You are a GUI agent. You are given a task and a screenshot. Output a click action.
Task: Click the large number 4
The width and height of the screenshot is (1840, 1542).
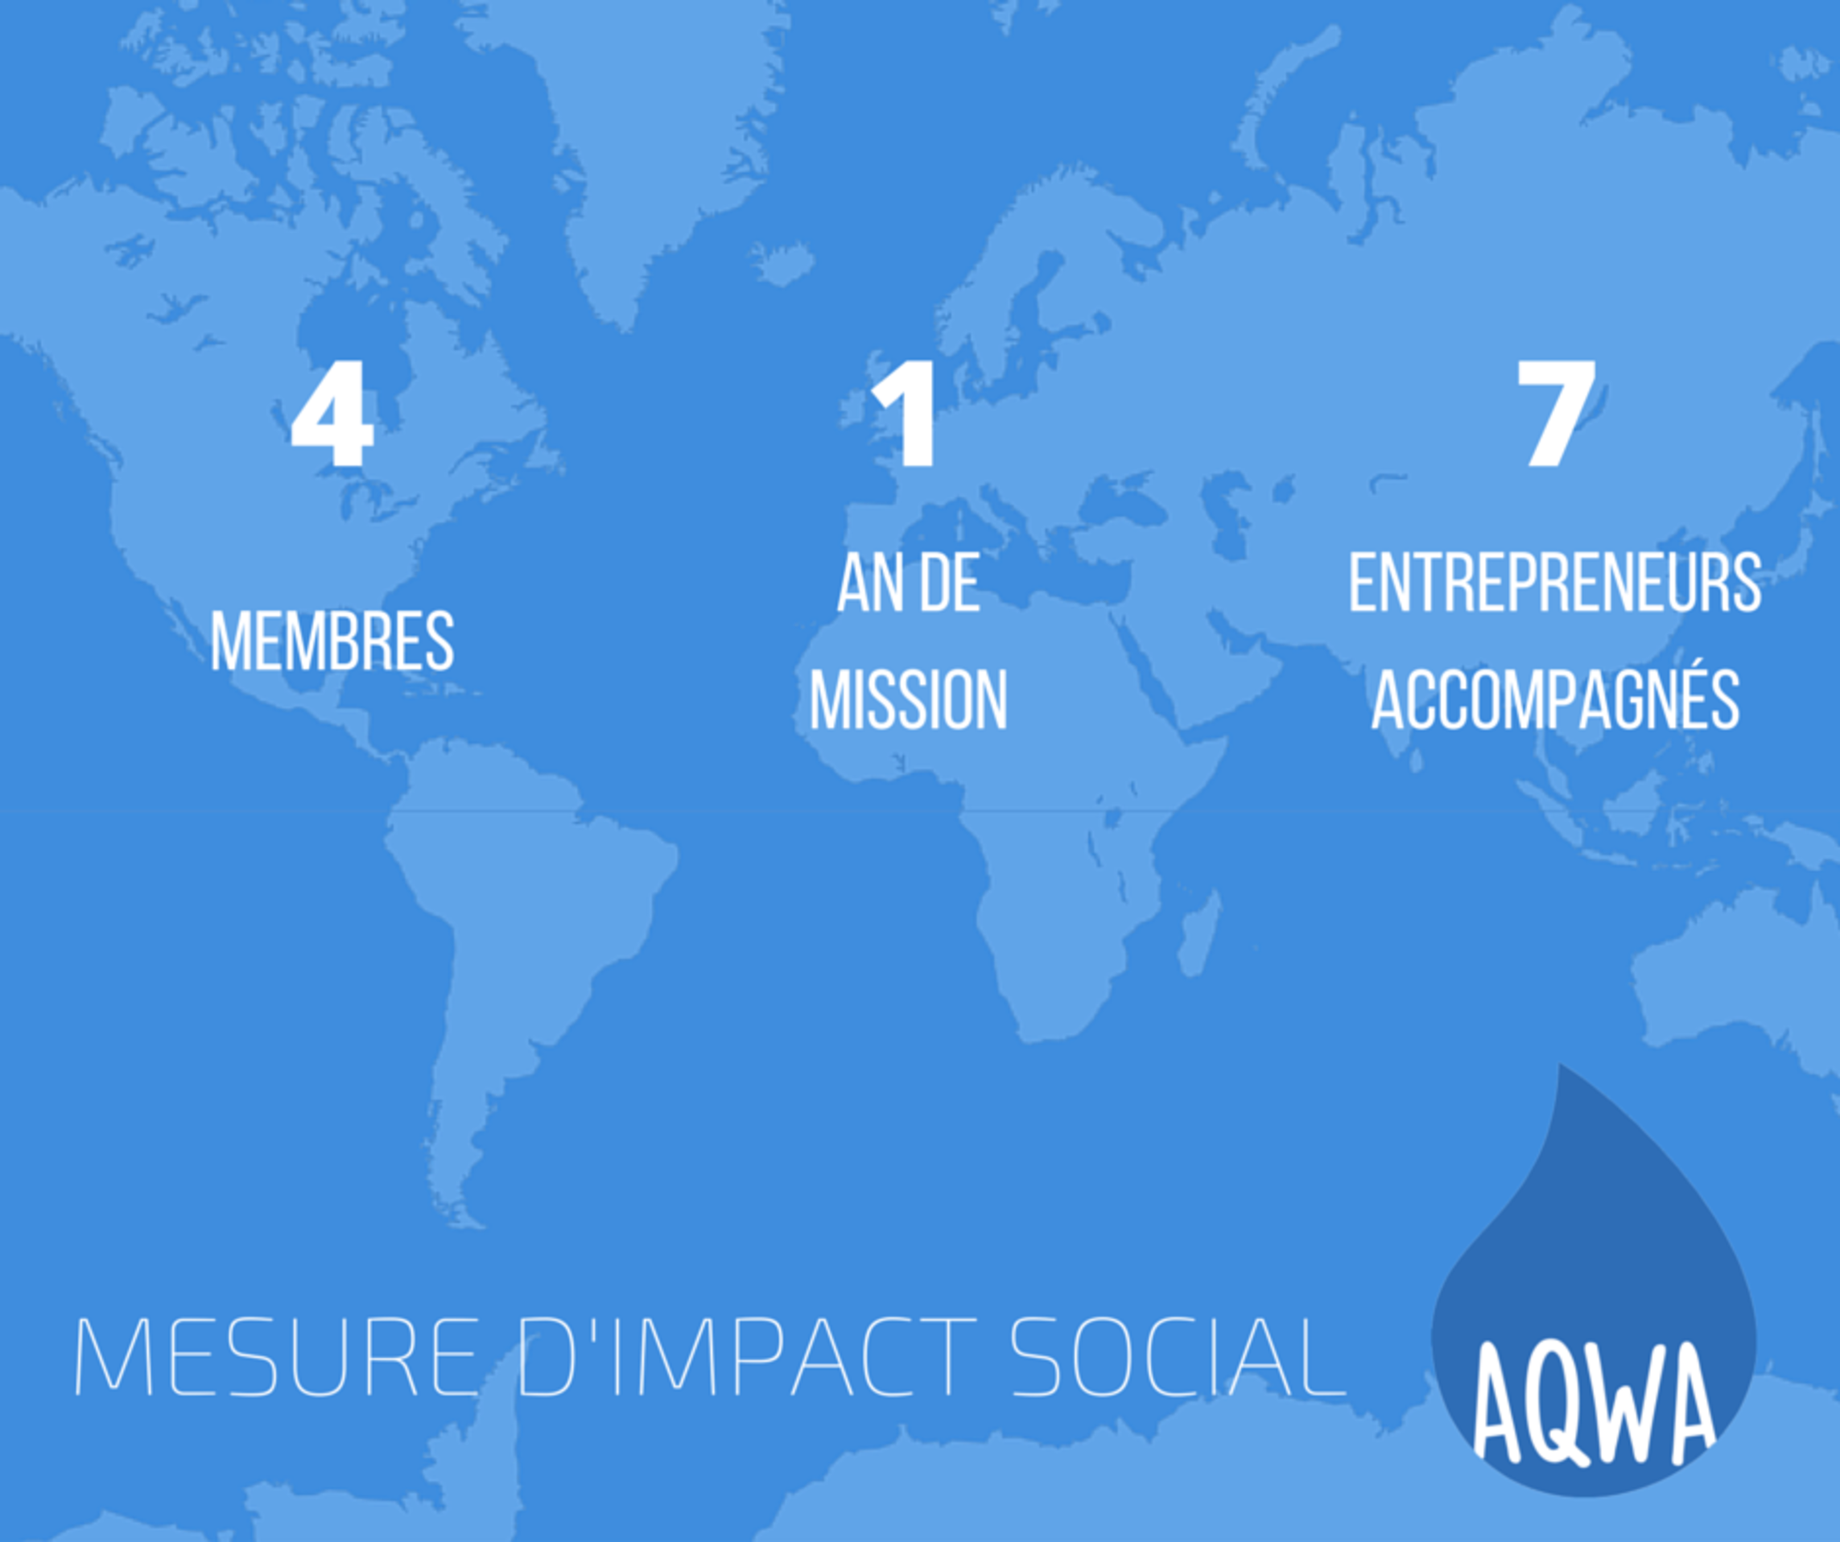tap(332, 414)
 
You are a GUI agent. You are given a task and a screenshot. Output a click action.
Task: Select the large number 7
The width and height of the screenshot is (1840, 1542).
tap(1555, 414)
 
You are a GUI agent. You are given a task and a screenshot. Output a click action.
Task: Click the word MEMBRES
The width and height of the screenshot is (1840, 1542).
tap(332, 641)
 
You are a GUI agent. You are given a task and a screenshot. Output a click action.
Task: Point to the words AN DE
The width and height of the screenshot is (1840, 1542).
tap(909, 583)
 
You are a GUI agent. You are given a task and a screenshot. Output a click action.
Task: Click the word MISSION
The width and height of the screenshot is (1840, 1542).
tap(909, 699)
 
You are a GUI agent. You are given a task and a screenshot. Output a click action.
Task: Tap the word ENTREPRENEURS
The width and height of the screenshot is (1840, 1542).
tap(1555, 583)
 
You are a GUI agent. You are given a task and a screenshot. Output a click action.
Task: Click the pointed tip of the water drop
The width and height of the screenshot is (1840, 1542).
tap(1561, 1066)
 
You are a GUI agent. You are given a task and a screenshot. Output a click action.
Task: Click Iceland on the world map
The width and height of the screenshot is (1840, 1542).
tap(782, 263)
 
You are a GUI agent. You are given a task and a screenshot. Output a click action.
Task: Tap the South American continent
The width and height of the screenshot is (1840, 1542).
tap(517, 946)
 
